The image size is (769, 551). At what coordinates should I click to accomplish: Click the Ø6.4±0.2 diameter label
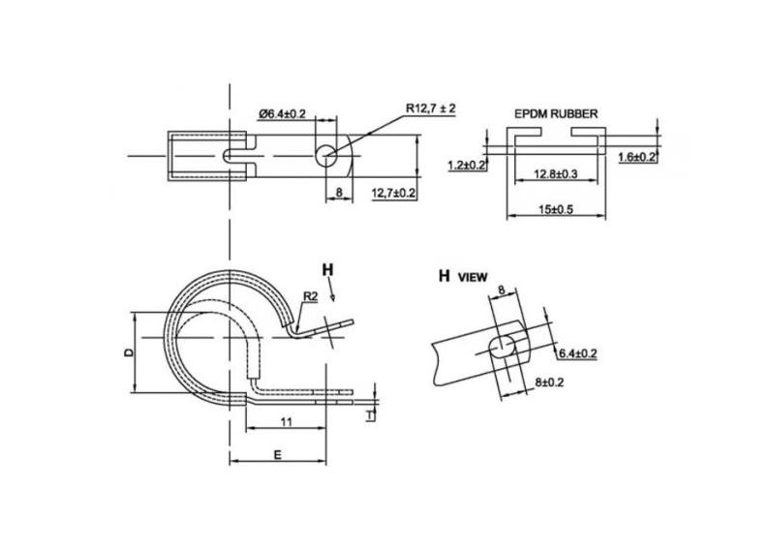(282, 114)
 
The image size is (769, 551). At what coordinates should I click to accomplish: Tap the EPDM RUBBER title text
(555, 113)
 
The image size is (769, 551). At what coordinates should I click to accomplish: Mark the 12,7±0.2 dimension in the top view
(393, 193)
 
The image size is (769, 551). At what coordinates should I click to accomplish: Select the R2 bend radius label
(311, 295)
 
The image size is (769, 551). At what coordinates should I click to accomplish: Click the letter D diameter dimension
(128, 353)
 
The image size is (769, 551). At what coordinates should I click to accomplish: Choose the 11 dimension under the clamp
(286, 421)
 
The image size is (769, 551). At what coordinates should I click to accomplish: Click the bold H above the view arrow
(327, 268)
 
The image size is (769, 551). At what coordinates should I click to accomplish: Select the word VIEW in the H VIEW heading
(473, 277)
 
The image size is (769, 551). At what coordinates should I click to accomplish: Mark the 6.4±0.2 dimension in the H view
(577, 354)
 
